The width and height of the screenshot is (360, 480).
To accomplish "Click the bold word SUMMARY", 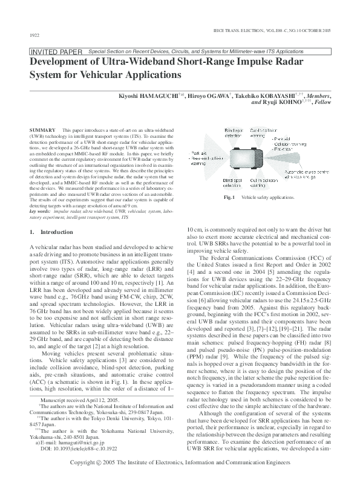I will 41,131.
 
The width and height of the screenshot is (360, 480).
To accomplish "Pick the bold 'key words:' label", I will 40,211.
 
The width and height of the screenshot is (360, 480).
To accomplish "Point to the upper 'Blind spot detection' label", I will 233,132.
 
